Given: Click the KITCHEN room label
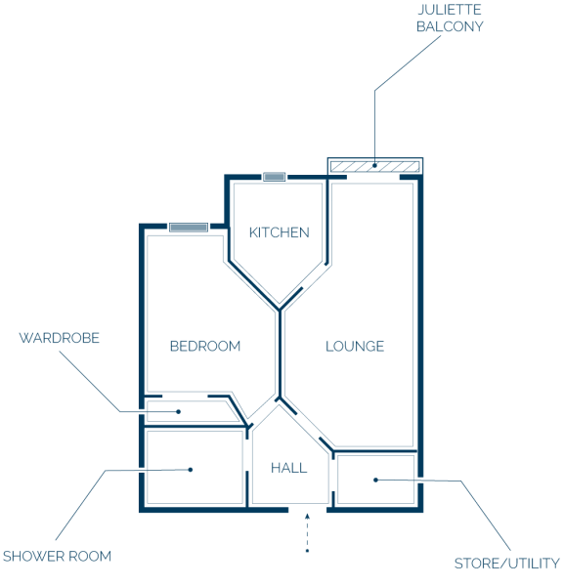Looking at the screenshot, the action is pos(279,232).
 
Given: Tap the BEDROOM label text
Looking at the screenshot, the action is pos(205,346).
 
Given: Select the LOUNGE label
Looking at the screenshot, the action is pos(355,346).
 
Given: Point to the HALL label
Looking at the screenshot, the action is pos(288,468).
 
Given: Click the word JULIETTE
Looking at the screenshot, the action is pos(450,10).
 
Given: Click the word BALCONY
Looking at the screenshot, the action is pos(450,26).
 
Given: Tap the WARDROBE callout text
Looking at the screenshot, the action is pos(59,338).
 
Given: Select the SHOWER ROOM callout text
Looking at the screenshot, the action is pos(57,556).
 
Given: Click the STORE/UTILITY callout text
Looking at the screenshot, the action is pos(506,564).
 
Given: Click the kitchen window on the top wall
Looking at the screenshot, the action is pos(274,177).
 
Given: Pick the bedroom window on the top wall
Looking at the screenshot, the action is pos(189,228).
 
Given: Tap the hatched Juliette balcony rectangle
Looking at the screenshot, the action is pos(375,166).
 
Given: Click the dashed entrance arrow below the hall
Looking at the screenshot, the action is pos(307,532).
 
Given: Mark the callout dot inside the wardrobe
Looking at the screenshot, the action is pos(179,411).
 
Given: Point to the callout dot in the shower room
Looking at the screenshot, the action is pos(191,470).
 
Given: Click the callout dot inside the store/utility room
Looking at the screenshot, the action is pos(376,480).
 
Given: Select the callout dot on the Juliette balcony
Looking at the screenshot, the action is pos(374,165).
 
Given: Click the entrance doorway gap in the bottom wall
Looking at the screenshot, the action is pos(308,510).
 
